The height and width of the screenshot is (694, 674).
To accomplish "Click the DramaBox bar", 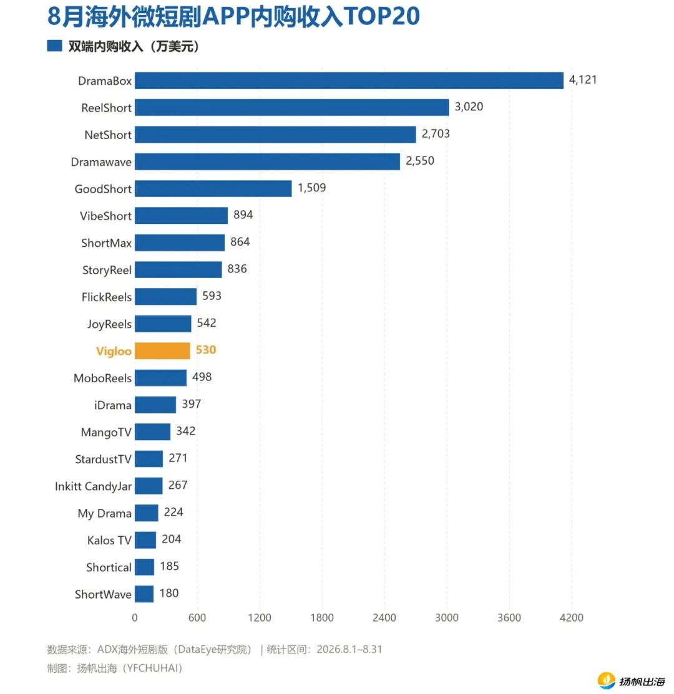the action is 349,80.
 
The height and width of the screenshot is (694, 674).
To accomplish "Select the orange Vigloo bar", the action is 162,350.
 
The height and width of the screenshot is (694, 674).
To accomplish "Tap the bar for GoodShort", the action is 213,188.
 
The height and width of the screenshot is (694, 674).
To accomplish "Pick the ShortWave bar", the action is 144,594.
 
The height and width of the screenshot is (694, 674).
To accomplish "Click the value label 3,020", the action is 469,107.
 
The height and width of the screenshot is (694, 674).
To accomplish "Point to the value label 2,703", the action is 436,133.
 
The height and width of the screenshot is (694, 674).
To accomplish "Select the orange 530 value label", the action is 206,350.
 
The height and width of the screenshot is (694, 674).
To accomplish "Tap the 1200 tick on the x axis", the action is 260,617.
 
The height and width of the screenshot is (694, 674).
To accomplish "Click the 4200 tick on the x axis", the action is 571,617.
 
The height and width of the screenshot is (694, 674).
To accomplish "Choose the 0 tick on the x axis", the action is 135,617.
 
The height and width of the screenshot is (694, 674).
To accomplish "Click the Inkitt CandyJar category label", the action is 93,486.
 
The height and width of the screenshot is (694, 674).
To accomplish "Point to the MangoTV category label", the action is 106,432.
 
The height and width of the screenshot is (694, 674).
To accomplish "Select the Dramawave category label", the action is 101,162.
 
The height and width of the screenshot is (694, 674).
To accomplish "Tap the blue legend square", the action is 54,46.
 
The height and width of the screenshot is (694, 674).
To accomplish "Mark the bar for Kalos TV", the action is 145,540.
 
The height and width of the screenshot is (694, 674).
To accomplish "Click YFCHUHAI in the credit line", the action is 152,668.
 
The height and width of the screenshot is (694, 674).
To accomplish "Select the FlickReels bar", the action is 165,297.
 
